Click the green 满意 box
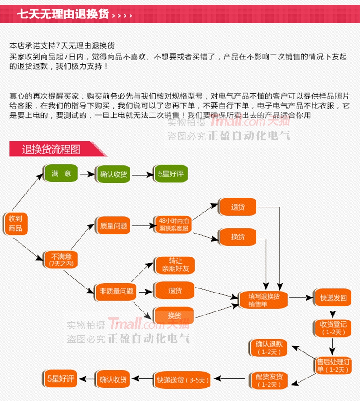61,174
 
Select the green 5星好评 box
171,174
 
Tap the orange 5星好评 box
58,379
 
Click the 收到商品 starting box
15,223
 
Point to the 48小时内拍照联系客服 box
174,224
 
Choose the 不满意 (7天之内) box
61,259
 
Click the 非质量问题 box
117,291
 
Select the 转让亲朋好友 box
175,265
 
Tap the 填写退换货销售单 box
265,300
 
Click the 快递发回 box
333,298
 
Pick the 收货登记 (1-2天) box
333,328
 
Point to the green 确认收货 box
113,174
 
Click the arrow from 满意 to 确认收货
87,174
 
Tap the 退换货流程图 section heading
51,149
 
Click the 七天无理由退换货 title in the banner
63,14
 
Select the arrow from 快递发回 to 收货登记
333,312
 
